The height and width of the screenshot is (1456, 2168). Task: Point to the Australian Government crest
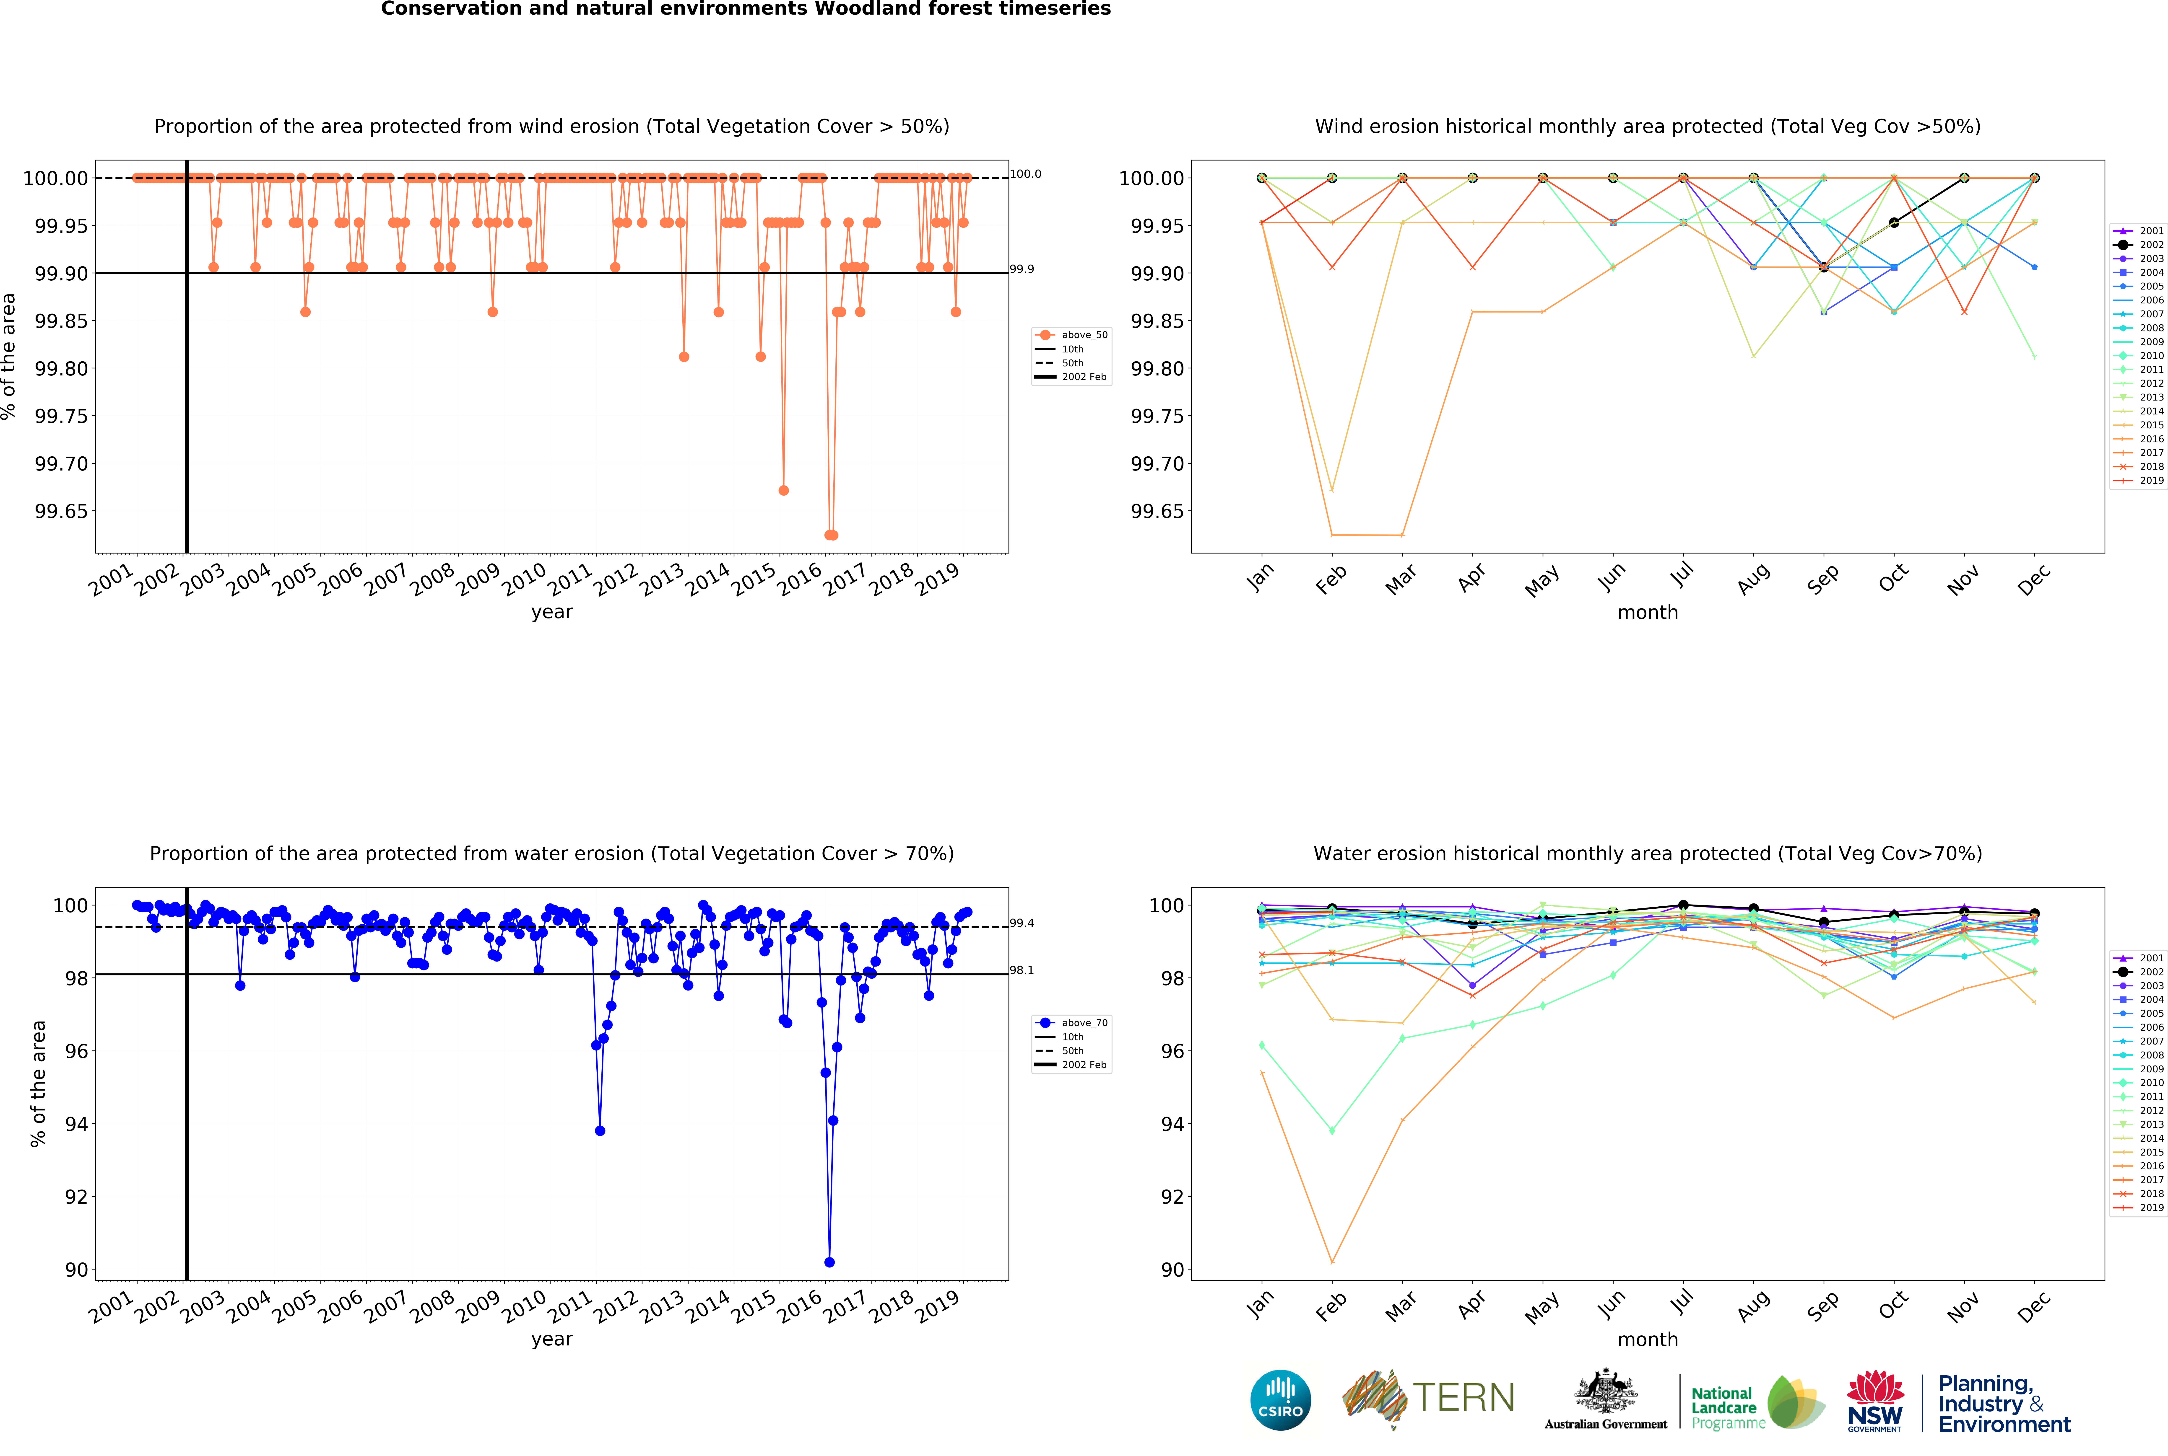(x=1605, y=1393)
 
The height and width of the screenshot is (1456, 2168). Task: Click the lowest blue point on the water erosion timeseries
(x=829, y=1262)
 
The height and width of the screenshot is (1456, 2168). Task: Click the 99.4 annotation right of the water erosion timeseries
(x=1022, y=923)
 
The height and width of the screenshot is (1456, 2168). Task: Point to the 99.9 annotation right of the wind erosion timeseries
(x=1022, y=269)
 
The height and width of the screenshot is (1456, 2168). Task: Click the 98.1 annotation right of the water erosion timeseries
(x=1022, y=970)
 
